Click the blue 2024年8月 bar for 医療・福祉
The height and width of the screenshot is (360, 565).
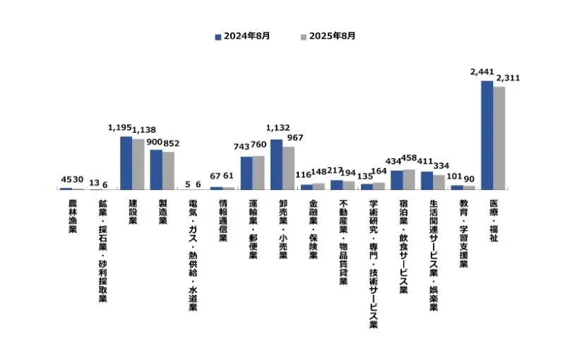(x=487, y=135)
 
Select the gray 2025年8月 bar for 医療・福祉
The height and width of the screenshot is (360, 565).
(x=499, y=138)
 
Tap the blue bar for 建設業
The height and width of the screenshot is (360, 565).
(x=126, y=163)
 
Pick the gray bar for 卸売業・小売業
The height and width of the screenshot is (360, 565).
(x=288, y=168)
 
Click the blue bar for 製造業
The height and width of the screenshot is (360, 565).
(x=156, y=169)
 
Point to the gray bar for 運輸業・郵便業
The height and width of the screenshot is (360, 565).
(x=258, y=172)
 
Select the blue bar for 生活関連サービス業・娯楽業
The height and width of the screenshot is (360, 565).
(x=427, y=180)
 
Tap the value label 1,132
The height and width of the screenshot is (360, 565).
(x=278, y=128)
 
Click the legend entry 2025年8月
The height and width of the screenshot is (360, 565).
(x=328, y=35)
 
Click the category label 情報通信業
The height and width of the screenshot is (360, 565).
(x=222, y=221)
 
